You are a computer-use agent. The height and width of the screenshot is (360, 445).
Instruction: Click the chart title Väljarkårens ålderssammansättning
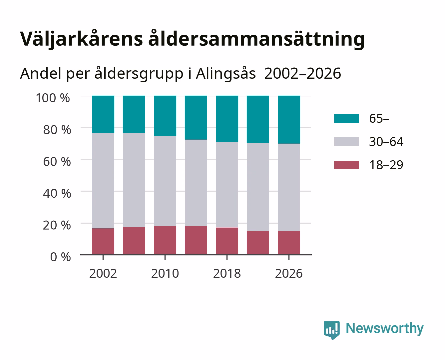[192, 39]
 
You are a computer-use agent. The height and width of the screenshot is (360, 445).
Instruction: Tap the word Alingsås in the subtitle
[225, 74]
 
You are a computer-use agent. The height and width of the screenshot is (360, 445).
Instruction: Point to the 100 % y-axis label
[53, 98]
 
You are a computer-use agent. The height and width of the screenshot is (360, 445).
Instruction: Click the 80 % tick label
[57, 130]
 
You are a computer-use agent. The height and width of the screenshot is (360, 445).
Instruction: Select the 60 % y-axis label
[57, 161]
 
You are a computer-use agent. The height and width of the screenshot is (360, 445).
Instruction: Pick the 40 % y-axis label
[57, 193]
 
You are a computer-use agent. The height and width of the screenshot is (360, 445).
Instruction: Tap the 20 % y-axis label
[57, 225]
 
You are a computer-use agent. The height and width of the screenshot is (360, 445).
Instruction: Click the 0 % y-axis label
[60, 257]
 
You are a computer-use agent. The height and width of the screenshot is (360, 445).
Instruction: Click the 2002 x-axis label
[103, 273]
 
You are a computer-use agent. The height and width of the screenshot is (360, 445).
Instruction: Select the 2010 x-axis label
[165, 273]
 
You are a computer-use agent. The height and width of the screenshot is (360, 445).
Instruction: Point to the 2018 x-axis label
[227, 273]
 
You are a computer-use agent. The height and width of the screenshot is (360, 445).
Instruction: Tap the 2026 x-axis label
[289, 273]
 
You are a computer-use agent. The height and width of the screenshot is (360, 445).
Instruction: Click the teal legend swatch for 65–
[347, 118]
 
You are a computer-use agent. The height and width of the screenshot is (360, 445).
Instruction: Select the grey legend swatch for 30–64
[347, 142]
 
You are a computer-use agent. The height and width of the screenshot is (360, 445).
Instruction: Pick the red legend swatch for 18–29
[347, 165]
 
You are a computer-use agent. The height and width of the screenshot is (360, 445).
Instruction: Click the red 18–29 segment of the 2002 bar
[103, 241]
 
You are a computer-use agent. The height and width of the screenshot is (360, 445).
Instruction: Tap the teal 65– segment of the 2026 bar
[289, 120]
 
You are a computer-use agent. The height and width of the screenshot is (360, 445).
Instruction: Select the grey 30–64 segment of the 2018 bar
[227, 185]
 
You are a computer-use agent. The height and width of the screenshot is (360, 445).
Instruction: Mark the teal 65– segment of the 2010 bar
[165, 116]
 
